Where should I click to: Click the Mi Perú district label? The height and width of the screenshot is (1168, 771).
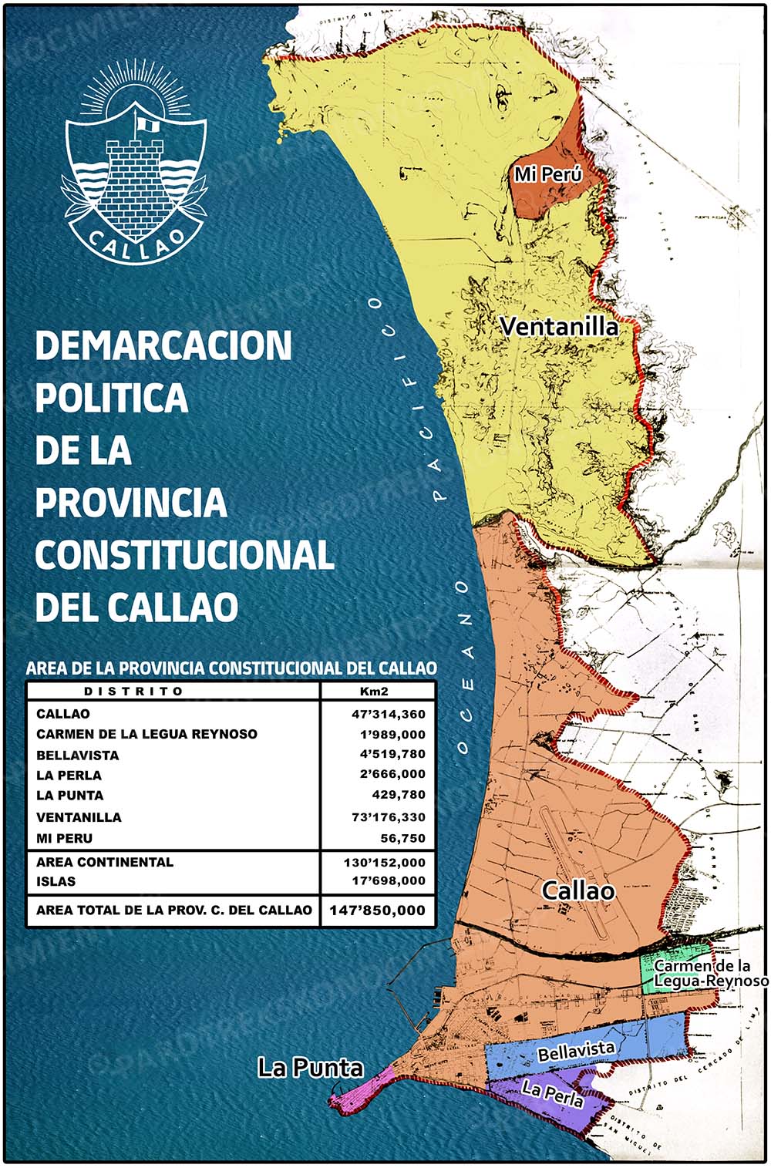[x=548, y=174]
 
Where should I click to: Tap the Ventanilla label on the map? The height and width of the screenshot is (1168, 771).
[x=559, y=327]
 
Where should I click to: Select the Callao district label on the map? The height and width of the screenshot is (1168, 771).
[x=578, y=890]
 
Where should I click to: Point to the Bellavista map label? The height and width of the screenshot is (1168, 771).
[x=576, y=1051]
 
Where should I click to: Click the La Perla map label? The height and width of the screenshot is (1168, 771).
[x=552, y=1092]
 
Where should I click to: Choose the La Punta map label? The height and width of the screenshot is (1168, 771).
[x=310, y=1068]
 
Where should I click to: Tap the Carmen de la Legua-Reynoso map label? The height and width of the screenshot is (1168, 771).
[x=709, y=973]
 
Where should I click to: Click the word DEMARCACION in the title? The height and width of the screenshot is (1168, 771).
[x=163, y=345]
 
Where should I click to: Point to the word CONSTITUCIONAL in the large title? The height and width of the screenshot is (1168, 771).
[x=184, y=555]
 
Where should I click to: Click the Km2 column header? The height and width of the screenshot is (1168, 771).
[x=374, y=691]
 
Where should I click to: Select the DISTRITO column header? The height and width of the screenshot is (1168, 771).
[x=133, y=691]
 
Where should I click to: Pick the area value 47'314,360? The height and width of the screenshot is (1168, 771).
[x=389, y=714]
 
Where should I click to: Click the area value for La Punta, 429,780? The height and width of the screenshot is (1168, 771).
[x=398, y=795]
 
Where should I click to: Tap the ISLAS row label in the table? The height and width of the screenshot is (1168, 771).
[x=56, y=881]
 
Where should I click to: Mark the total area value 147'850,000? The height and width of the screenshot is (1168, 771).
[x=377, y=910]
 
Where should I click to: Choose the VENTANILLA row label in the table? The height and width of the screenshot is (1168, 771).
[x=79, y=817]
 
